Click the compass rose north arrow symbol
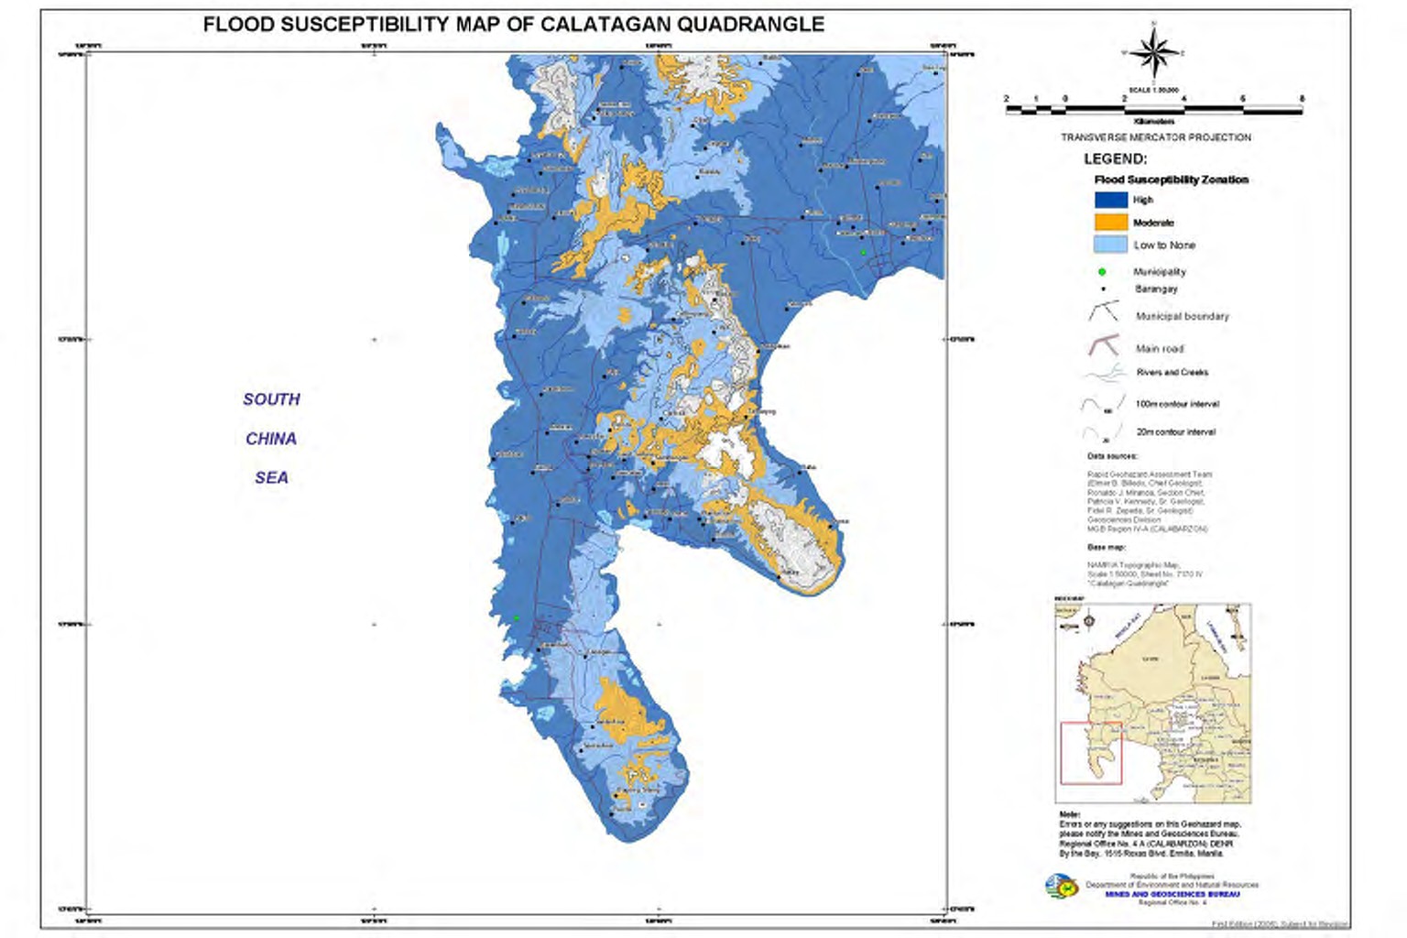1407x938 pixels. pyautogui.click(x=1154, y=52)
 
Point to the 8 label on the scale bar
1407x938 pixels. pyautogui.click(x=1302, y=98)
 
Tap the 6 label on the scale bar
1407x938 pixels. pyautogui.click(x=1243, y=98)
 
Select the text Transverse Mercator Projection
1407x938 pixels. pyautogui.click(x=1155, y=137)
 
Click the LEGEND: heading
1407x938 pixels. pyautogui.click(x=1115, y=158)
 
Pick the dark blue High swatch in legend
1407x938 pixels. pyautogui.click(x=1110, y=200)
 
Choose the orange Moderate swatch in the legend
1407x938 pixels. pyautogui.click(x=1110, y=223)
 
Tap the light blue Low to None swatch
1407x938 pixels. pyautogui.click(x=1110, y=245)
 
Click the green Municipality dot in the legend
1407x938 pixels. pyautogui.click(x=1102, y=272)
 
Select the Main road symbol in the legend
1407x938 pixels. pyautogui.click(x=1104, y=346)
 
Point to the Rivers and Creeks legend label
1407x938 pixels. pyautogui.click(x=1172, y=373)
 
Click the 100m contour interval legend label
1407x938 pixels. pyautogui.click(x=1176, y=404)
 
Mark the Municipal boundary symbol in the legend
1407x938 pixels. pyautogui.click(x=1104, y=312)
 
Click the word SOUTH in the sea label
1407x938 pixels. pyautogui.click(x=271, y=399)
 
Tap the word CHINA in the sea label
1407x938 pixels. pyautogui.click(x=271, y=439)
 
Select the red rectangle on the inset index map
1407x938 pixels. pyautogui.click(x=1091, y=753)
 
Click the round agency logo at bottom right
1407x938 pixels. pyautogui.click(x=1063, y=887)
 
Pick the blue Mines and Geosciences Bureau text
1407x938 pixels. pyautogui.click(x=1172, y=894)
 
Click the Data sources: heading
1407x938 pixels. pyautogui.click(x=1112, y=456)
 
